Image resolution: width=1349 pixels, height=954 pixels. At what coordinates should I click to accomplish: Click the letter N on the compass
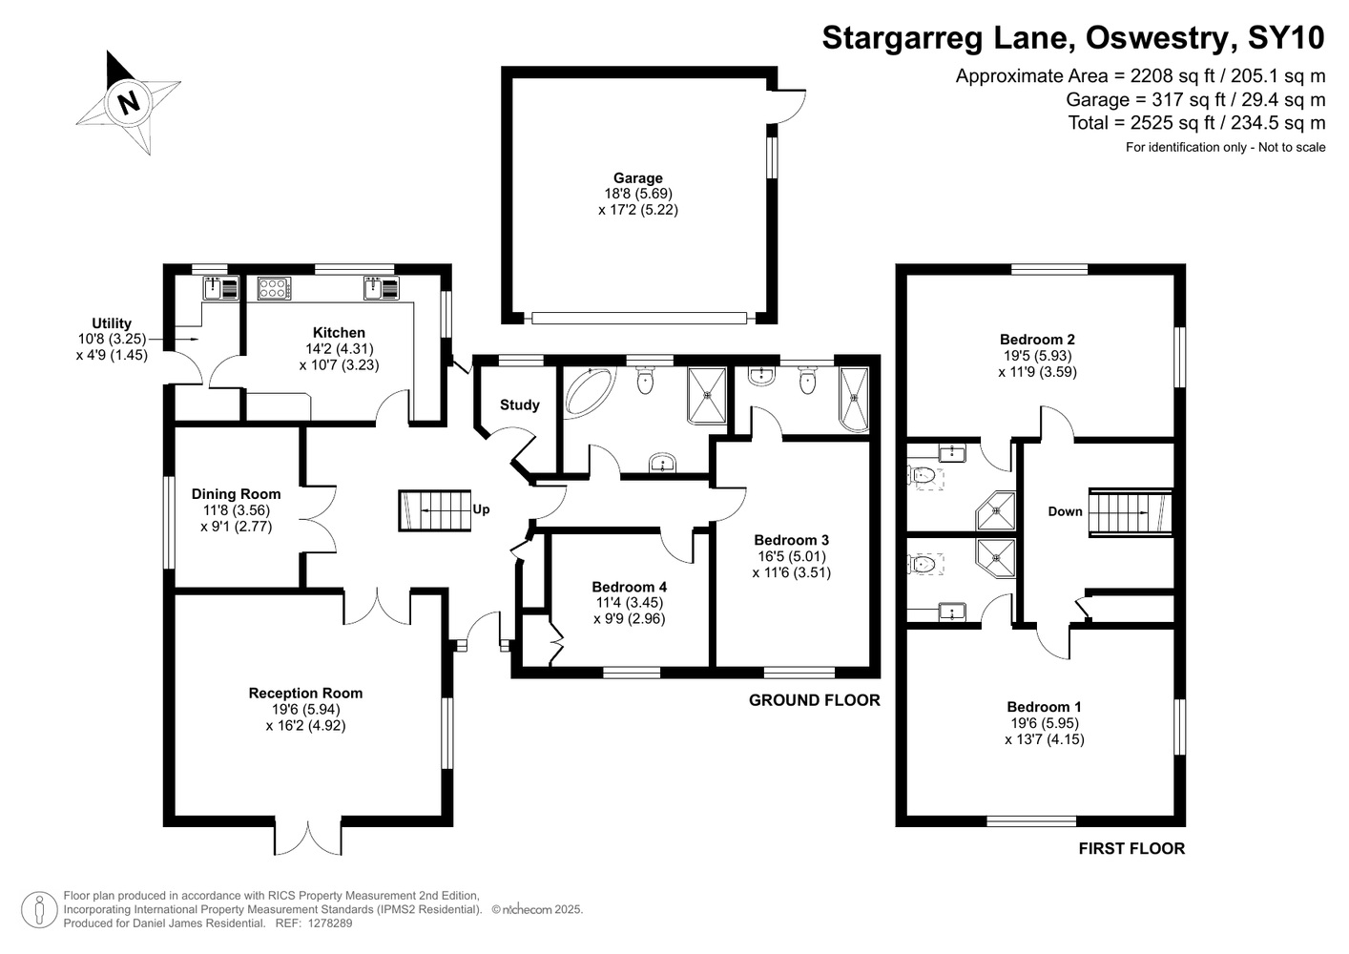click(x=128, y=102)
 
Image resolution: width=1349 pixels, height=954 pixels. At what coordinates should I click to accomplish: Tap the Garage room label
click(x=637, y=178)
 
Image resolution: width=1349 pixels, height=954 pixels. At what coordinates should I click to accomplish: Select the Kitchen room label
click(x=339, y=332)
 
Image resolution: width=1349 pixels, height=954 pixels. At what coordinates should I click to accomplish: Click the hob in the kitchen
click(x=274, y=288)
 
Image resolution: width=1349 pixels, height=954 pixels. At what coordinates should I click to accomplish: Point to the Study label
click(x=519, y=404)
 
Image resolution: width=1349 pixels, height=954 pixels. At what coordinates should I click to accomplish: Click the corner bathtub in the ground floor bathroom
click(x=589, y=390)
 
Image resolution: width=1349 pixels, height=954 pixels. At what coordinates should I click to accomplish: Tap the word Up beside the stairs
click(x=481, y=509)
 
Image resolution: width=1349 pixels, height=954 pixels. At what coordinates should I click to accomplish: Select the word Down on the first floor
click(x=1065, y=511)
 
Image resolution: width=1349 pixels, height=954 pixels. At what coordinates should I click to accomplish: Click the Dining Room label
click(x=236, y=494)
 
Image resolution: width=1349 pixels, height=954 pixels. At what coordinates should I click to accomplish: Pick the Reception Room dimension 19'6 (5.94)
click(x=306, y=710)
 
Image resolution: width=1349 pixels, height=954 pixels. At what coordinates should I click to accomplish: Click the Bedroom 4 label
click(x=630, y=587)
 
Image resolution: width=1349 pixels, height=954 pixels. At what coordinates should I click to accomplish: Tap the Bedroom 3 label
click(x=791, y=540)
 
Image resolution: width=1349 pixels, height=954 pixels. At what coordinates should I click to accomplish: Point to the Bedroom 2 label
click(x=1037, y=339)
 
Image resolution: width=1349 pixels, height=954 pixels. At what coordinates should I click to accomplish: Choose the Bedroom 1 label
click(x=1045, y=707)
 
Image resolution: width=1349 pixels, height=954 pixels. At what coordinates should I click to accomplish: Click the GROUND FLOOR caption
click(x=814, y=700)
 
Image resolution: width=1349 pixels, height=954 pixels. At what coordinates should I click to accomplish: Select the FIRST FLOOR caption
click(x=1131, y=849)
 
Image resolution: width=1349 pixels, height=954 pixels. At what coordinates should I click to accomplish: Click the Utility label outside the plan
click(x=112, y=323)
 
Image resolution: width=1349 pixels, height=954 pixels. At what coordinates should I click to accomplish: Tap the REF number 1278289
click(x=330, y=923)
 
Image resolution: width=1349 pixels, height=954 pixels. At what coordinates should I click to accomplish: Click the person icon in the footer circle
click(x=40, y=909)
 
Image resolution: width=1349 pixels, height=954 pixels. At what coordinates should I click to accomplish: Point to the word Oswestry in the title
click(x=1157, y=37)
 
